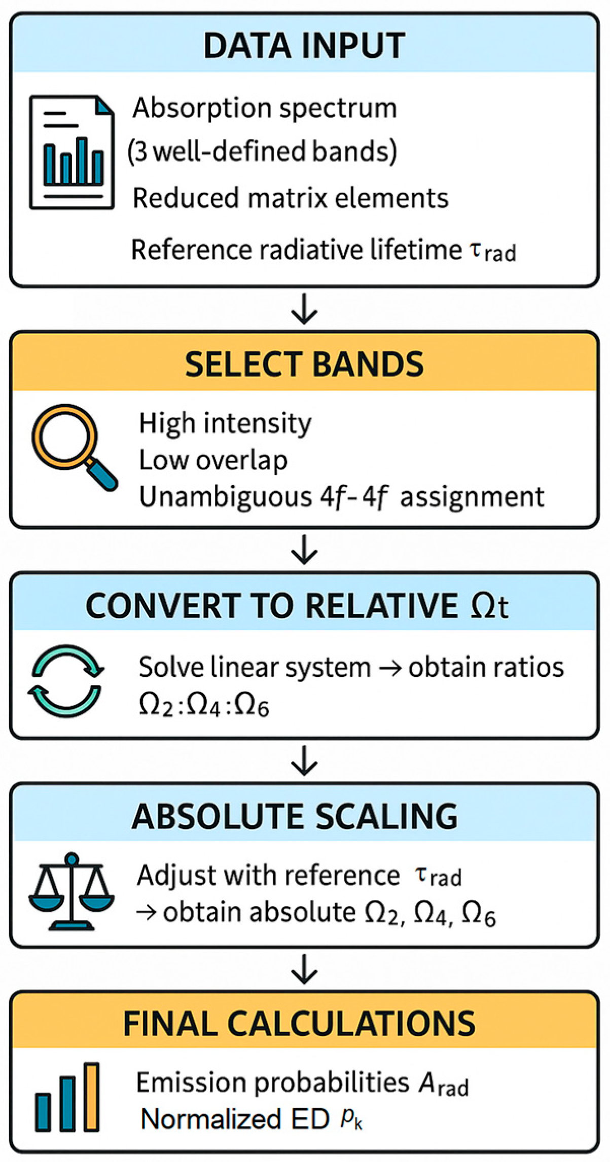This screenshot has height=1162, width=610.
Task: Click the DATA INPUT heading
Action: [x=304, y=46]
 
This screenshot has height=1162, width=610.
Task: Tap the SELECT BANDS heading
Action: [x=304, y=364]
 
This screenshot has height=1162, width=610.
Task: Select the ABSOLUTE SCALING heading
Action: [x=295, y=816]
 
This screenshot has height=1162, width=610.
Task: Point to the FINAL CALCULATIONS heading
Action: [x=299, y=1023]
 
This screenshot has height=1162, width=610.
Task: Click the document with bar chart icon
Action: [x=71, y=152]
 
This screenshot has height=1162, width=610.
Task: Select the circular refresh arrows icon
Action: [x=66, y=680]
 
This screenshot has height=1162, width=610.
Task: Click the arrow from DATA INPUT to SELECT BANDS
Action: [x=304, y=308]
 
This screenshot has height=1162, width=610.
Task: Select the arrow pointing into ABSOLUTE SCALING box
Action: [x=304, y=760]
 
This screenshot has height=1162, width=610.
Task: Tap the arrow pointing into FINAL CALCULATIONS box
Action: [x=304, y=969]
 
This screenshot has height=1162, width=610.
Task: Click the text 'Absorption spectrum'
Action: [x=265, y=108]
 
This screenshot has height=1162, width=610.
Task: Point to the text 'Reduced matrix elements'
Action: [x=290, y=198]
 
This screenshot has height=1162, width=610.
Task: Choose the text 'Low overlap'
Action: [x=213, y=460]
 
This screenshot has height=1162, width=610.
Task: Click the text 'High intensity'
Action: [x=225, y=423]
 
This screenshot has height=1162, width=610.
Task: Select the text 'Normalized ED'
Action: [x=235, y=1119]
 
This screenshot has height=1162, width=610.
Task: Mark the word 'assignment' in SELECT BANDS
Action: [x=472, y=497]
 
